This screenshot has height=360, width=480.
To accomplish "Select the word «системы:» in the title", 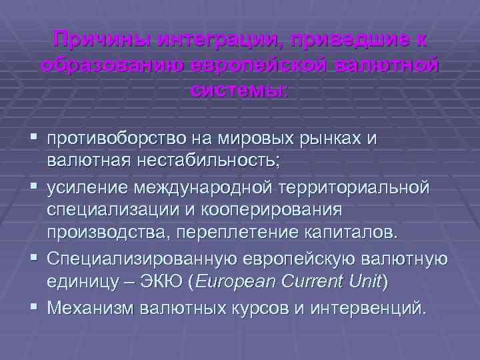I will (x=238, y=89).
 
